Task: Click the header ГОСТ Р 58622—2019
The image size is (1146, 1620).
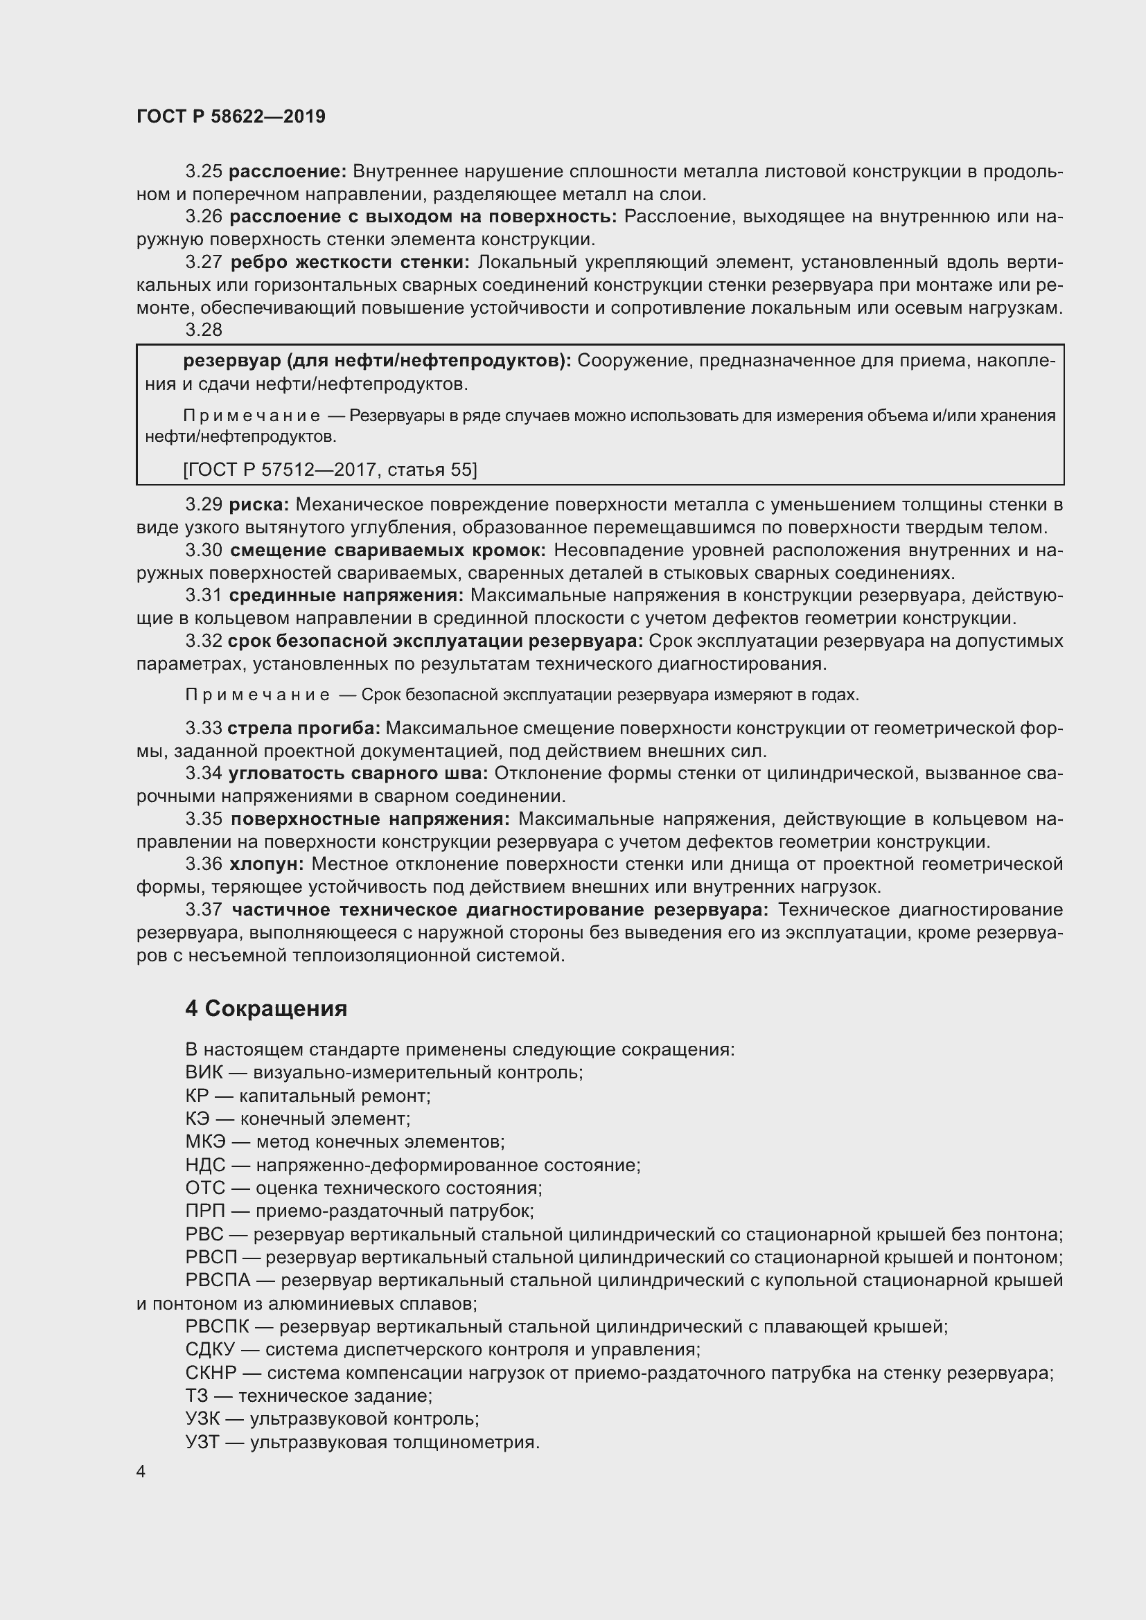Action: coord(231,117)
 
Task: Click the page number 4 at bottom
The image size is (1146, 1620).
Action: coord(141,1472)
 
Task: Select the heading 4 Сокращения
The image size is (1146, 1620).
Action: coord(266,1009)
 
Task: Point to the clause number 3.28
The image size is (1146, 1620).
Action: coord(203,330)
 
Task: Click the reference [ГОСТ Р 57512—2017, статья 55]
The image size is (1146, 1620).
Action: coord(330,469)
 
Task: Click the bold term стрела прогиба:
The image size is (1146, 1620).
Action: coord(304,728)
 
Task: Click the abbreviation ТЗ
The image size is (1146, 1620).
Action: coord(197,1396)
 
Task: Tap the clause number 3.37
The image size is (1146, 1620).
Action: coord(203,910)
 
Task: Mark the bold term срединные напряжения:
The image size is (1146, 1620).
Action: coord(346,596)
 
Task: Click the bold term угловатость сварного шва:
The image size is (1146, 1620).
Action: coord(358,774)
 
